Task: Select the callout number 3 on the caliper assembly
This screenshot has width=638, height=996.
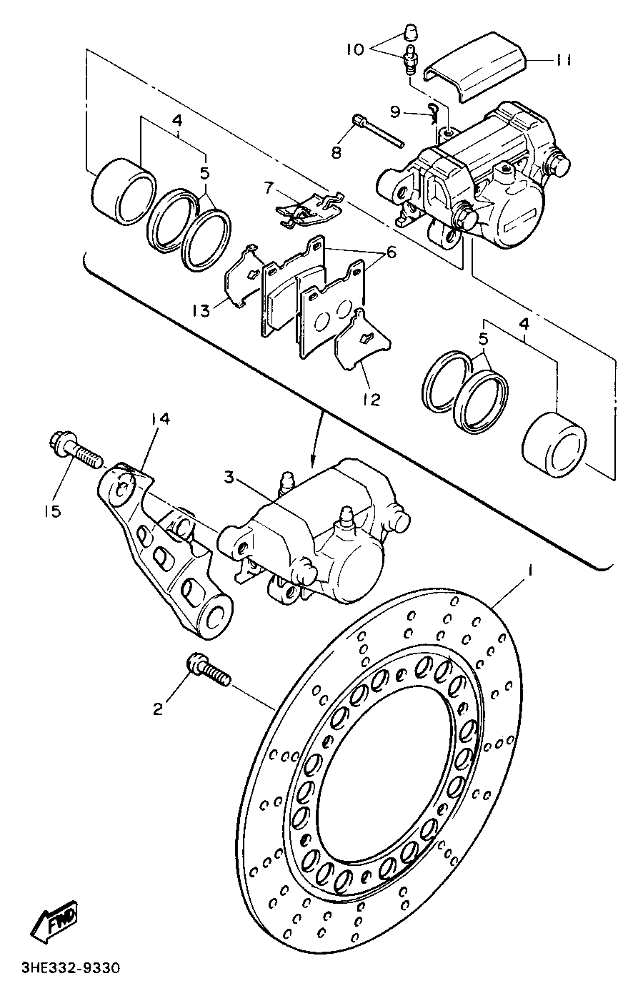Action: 229,478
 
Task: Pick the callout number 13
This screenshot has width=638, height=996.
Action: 200,310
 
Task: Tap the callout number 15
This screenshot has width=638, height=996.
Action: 51,511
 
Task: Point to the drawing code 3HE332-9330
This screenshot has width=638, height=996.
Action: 69,969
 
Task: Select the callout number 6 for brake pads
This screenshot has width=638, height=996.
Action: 391,252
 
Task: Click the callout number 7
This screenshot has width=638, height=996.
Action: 269,189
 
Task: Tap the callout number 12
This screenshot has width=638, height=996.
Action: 370,398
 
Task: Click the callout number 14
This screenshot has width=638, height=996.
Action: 160,420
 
